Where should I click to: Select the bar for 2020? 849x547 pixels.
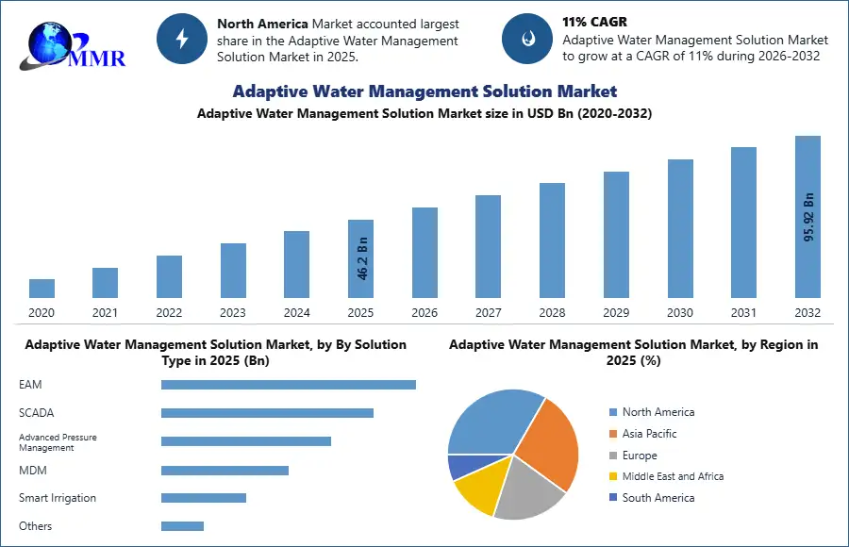point(42,289)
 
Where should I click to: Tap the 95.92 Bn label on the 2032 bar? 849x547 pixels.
point(808,217)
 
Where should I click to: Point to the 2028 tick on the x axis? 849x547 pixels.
point(552,313)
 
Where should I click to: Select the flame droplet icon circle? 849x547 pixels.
point(526,39)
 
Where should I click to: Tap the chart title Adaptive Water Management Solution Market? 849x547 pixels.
point(424,91)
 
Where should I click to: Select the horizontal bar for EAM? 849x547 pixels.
point(289,385)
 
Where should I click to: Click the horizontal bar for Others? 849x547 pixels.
point(182,526)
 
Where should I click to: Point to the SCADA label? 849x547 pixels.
point(36,413)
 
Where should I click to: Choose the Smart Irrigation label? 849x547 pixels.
point(58,498)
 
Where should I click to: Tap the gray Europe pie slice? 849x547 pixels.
point(528,490)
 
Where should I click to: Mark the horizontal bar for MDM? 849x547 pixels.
point(225,470)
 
